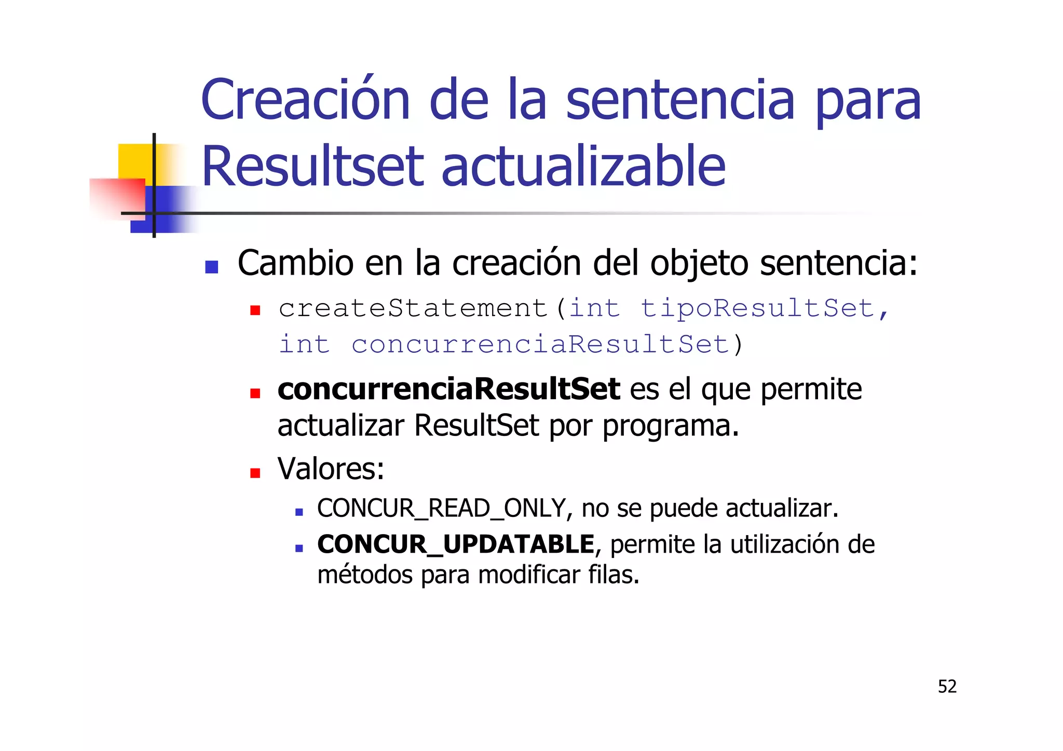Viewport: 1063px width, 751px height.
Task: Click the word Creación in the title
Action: pyautogui.click(x=305, y=100)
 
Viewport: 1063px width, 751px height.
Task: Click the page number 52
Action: pyautogui.click(x=947, y=687)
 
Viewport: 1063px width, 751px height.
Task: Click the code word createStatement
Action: pyautogui.click(x=413, y=309)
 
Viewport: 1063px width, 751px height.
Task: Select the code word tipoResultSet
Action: pyautogui.click(x=758, y=309)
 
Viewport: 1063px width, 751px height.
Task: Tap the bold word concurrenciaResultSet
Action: pyautogui.click(x=448, y=389)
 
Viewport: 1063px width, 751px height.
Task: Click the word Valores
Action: pyautogui.click(x=330, y=469)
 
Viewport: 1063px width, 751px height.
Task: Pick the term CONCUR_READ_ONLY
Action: pyautogui.click(x=441, y=509)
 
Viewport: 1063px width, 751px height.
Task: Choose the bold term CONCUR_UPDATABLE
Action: pyautogui.click(x=455, y=545)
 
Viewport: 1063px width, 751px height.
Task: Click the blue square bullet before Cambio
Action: pyautogui.click(x=211, y=267)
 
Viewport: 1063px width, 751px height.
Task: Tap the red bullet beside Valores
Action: pyautogui.click(x=255, y=473)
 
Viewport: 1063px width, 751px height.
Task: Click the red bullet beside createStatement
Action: pyautogui.click(x=255, y=310)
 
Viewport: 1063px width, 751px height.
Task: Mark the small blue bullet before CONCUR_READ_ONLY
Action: pyautogui.click(x=299, y=512)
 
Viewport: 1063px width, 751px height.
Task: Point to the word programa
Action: pyautogui.click(x=670, y=427)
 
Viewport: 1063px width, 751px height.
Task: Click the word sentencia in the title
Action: pyautogui.click(x=680, y=100)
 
